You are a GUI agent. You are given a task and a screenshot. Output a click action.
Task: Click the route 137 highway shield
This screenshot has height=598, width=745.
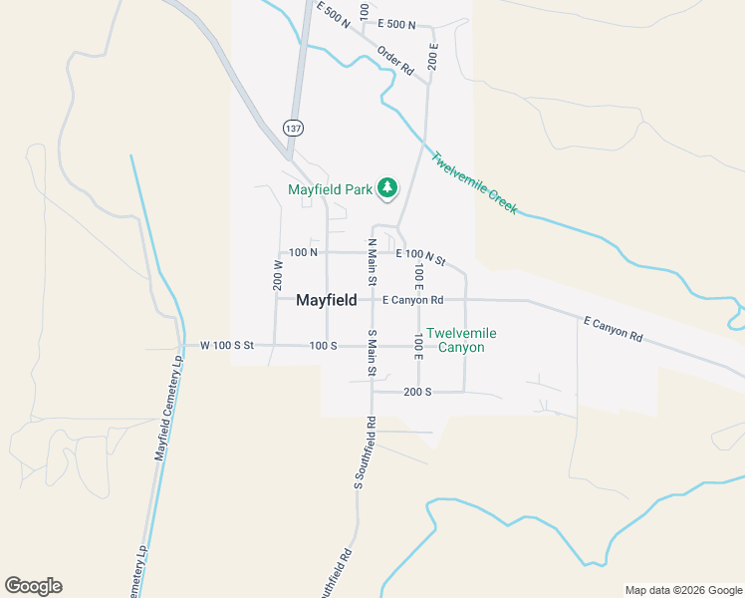pyautogui.click(x=293, y=129)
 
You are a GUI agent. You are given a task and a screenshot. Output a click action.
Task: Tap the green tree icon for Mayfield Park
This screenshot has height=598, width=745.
pyautogui.click(x=387, y=187)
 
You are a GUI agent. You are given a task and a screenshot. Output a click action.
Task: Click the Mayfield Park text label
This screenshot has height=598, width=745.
pyautogui.click(x=330, y=189)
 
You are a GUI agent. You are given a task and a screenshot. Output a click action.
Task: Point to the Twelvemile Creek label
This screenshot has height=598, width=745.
pyautogui.click(x=474, y=181)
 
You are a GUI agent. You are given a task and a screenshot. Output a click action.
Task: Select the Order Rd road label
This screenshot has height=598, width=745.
pyautogui.click(x=394, y=62)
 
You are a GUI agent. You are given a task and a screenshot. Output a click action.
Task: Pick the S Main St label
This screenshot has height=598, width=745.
pyautogui.click(x=372, y=354)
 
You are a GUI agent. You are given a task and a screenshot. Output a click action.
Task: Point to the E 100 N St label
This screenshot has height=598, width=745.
pyautogui.click(x=420, y=257)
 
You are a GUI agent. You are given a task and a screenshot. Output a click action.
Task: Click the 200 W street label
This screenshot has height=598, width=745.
pyautogui.click(x=278, y=276)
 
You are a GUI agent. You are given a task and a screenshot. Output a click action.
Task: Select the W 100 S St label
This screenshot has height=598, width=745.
pyautogui.click(x=227, y=345)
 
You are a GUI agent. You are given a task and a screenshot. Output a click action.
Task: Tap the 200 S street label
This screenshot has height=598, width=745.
pyautogui.click(x=417, y=392)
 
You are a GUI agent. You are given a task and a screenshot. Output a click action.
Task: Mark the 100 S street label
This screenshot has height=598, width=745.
pyautogui.click(x=324, y=345)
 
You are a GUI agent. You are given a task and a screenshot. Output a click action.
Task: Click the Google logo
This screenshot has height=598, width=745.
pyautogui.click(x=33, y=586)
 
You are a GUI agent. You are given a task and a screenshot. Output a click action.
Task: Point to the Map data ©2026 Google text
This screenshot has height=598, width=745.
pyautogui.click(x=682, y=590)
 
